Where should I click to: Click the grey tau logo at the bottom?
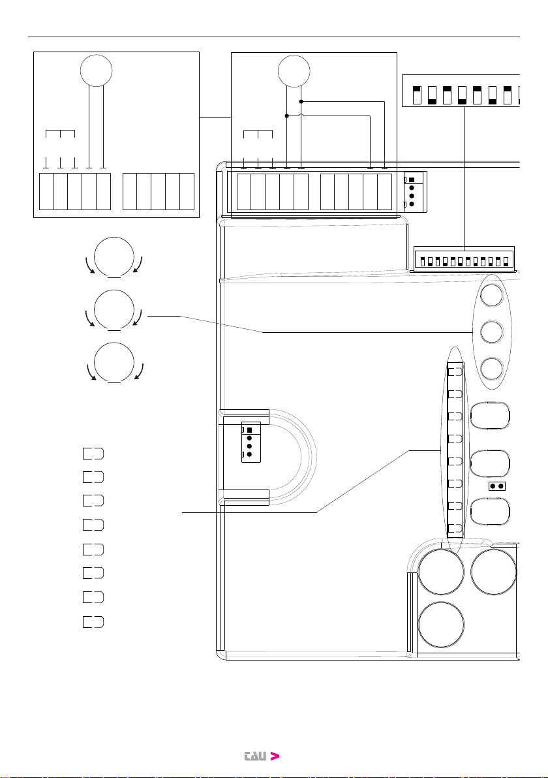coord(255,756)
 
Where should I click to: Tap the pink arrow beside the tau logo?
coord(275,756)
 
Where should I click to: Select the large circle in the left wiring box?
coord(96,70)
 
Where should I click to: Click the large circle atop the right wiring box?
coord(294,70)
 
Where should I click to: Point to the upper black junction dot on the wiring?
coord(301,102)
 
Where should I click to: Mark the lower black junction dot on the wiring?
coord(286,116)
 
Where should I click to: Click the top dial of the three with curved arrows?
coord(114,258)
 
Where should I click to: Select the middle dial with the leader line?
coord(114,310)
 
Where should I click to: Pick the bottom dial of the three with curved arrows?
coord(114,363)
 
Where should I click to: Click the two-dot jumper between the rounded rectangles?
coord(497,486)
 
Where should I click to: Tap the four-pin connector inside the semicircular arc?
coord(251,442)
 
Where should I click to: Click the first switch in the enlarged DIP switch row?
coord(417,95)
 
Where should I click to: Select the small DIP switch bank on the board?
coord(464,259)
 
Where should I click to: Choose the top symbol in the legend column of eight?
coord(93,454)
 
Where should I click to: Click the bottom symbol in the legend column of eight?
coord(93,622)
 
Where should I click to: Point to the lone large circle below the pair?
coord(442,625)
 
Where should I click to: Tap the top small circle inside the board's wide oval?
coord(492,295)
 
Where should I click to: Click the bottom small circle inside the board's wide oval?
coord(492,369)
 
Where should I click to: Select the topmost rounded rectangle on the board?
coord(490,415)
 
